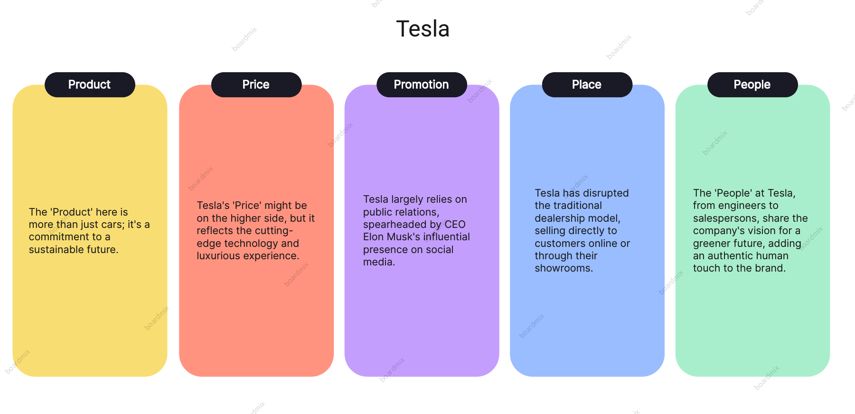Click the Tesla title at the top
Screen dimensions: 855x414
pyautogui.click(x=423, y=29)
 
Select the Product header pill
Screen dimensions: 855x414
pyautogui.click(x=90, y=85)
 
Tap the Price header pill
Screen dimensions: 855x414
pyautogui.click(x=256, y=85)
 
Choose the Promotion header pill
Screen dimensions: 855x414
pyautogui.click(x=422, y=85)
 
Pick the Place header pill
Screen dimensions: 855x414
pyautogui.click(x=587, y=85)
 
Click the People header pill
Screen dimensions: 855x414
pyautogui.click(x=752, y=85)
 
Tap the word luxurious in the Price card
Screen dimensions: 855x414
pyautogui.click(x=219, y=256)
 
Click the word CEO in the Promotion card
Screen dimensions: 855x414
pyautogui.click(x=455, y=225)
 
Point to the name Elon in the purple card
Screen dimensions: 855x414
pyautogui.click(x=373, y=237)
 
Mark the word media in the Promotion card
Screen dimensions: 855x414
pyautogui.click(x=378, y=262)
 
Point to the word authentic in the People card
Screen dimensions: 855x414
pyautogui.click(x=731, y=256)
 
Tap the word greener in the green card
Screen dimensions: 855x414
pyautogui.click(x=712, y=244)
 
